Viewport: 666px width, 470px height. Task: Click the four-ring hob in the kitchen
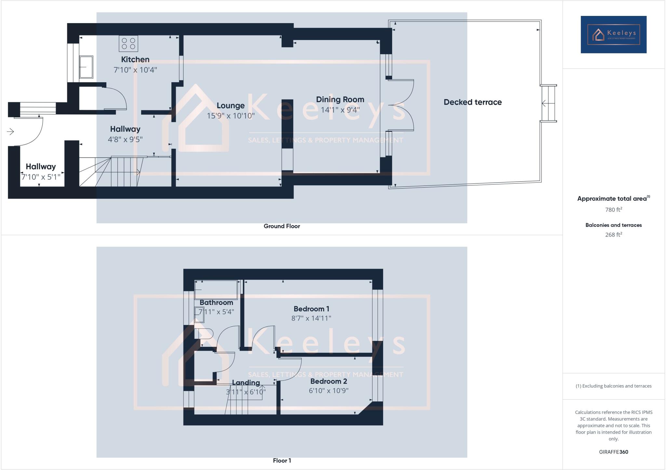(128, 44)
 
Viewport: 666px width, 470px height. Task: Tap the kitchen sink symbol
(86, 67)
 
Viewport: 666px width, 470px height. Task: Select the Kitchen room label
(135, 59)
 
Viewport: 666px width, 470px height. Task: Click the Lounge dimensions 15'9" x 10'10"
(231, 116)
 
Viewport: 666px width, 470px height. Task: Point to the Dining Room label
(340, 99)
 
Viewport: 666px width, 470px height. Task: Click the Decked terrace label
(473, 102)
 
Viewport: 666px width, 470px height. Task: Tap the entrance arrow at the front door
(10, 132)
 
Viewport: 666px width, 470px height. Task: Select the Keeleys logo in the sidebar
(613, 34)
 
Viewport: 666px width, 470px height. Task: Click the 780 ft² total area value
(613, 210)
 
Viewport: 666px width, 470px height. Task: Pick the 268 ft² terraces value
(613, 235)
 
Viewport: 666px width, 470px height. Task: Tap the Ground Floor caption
(282, 226)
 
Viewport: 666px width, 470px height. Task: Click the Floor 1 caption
(282, 461)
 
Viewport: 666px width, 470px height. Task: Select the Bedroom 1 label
(311, 309)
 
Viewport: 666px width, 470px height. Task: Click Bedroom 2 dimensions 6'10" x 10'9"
(328, 391)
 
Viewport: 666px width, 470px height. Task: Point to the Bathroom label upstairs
(216, 303)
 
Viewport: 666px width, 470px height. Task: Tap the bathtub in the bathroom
(216, 290)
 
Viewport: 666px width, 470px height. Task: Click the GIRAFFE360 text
(613, 452)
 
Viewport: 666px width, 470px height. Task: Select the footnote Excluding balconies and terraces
(613, 386)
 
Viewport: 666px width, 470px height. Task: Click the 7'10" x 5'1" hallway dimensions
(41, 177)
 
